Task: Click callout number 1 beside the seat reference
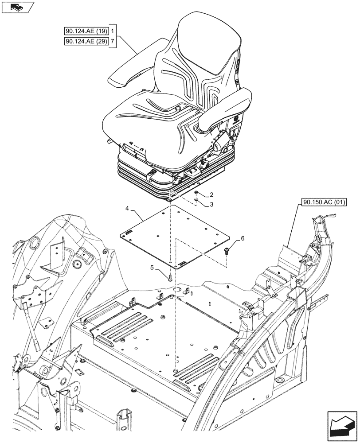point(113,31)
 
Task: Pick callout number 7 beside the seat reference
point(113,42)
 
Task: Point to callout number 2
point(211,194)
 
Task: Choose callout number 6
point(243,238)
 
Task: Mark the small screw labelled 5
point(171,278)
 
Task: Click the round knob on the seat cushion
point(178,108)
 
